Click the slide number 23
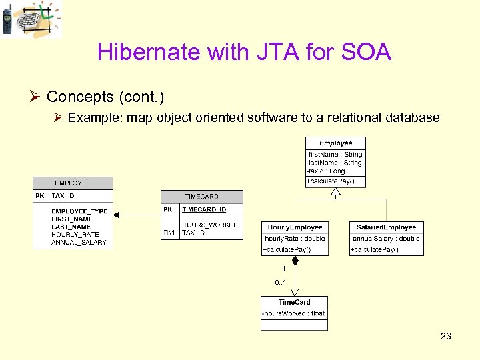click(446, 336)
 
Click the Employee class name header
click(335, 143)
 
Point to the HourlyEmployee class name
click(295, 227)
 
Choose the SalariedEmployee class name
click(386, 227)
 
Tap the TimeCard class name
click(294, 302)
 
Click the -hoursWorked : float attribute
click(294, 313)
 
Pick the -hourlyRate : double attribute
click(294, 239)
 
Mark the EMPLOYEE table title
click(73, 183)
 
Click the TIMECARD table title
click(201, 197)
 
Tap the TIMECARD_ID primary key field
click(204, 209)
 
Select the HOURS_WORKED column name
click(209, 225)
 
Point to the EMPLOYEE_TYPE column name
click(79, 211)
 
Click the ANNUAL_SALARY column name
click(79, 242)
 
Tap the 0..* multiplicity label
click(281, 283)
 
